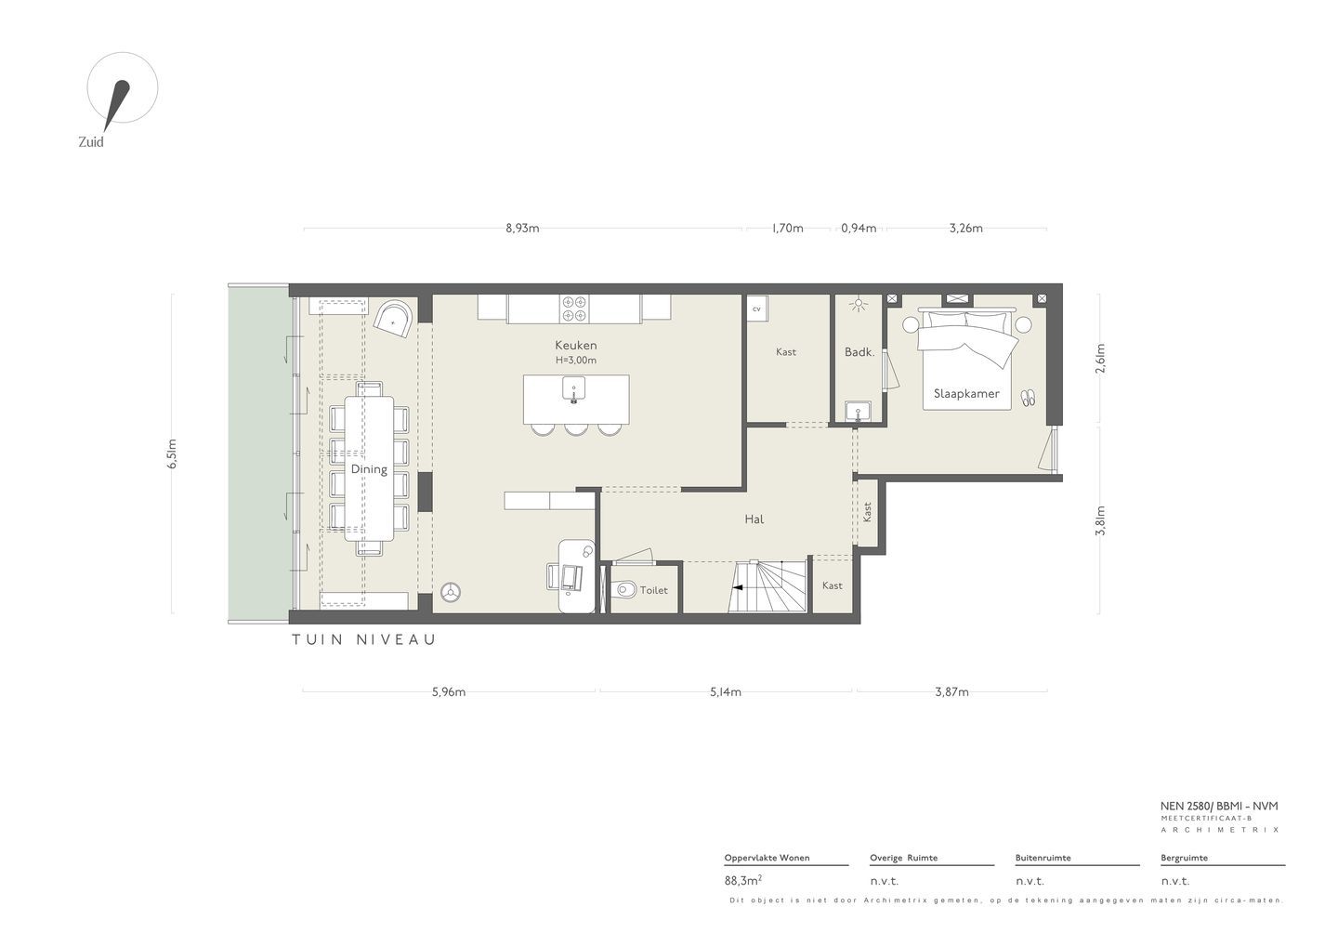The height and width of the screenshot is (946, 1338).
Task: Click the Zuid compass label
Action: coord(91,142)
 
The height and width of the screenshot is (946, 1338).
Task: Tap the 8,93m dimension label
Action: coord(522,229)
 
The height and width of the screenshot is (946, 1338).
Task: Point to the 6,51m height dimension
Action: coord(172,453)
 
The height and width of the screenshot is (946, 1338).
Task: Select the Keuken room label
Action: coord(576,345)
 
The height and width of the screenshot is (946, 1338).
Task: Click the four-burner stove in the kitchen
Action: coord(574,309)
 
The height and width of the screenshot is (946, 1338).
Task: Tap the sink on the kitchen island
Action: coord(573,389)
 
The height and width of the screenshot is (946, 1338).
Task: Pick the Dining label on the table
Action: coord(369,469)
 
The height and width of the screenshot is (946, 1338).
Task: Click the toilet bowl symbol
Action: coord(624,590)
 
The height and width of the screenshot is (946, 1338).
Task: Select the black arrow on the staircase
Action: coord(738,587)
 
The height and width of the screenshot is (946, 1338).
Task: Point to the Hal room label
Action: coord(754,519)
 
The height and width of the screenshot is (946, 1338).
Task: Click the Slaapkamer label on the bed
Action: coord(966,394)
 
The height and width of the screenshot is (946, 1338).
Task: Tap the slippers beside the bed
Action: coord(1028,398)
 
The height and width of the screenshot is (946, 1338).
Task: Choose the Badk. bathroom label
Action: coord(859,352)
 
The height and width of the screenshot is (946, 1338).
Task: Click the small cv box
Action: coord(756,309)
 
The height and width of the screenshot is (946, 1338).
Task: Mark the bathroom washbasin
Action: coord(859,412)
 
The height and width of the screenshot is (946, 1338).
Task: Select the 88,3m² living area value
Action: coord(742,880)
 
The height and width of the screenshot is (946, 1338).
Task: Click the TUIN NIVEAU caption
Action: coord(364,639)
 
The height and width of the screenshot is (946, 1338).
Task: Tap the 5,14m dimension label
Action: coord(725,692)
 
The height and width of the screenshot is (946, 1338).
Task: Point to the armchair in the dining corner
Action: coord(393,320)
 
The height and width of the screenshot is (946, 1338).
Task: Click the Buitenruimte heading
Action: coord(1043,858)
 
